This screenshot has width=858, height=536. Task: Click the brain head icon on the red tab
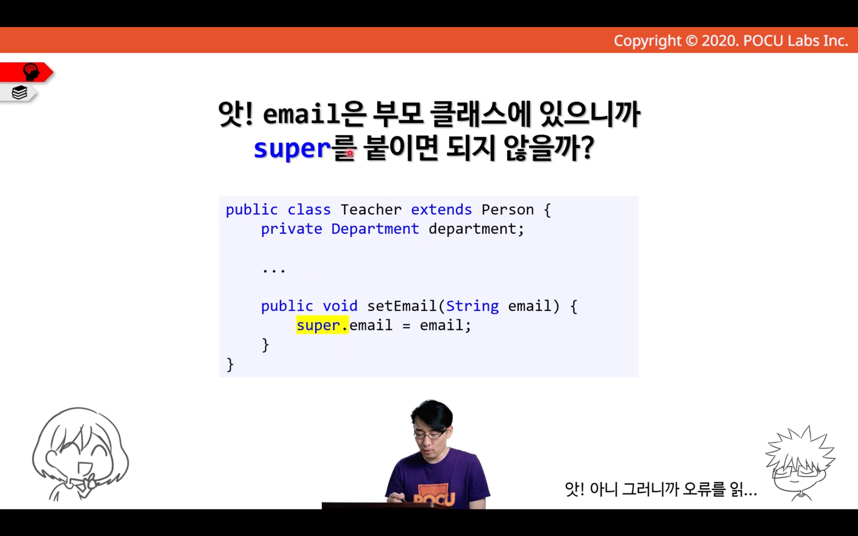pos(31,72)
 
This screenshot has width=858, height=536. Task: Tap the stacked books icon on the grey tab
pos(19,92)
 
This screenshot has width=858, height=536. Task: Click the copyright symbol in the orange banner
pos(691,41)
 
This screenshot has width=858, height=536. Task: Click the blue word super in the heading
pos(292,149)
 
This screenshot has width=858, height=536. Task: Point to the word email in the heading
pos(301,114)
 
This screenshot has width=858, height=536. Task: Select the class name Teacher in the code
pos(371,209)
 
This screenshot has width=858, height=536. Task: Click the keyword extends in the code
pos(441,209)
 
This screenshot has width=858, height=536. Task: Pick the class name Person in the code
pos(507,209)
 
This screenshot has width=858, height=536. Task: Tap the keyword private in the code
pos(292,229)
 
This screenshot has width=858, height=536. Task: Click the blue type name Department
pos(375,229)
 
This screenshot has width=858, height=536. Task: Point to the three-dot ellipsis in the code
pos(274,271)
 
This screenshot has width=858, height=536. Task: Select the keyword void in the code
pos(340,306)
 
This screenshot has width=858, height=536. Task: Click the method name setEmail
pos(402,306)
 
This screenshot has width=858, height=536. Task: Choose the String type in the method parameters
pos(472,306)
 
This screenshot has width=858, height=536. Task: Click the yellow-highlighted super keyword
pos(318,326)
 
